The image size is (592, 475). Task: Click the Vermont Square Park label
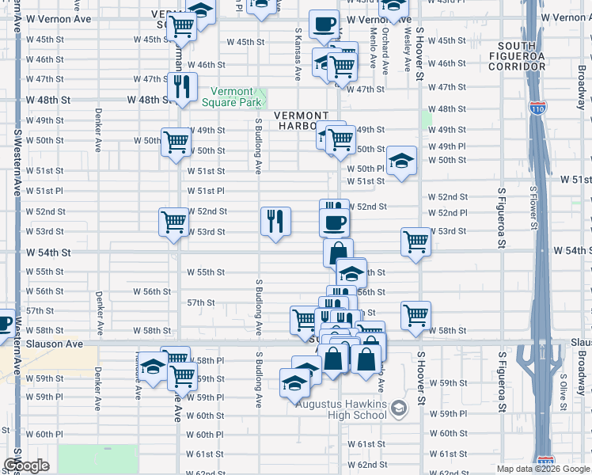(227, 97)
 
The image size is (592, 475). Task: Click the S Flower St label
(533, 207)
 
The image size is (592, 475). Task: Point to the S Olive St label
(564, 386)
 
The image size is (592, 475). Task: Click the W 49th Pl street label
(447, 146)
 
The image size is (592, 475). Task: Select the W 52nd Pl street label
(447, 213)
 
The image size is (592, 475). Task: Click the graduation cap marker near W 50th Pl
(401, 161)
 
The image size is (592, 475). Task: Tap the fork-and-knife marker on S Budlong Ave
(275, 222)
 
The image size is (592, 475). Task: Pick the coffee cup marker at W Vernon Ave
(323, 25)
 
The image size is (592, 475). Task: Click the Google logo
(26, 465)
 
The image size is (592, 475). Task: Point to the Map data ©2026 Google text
(544, 469)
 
